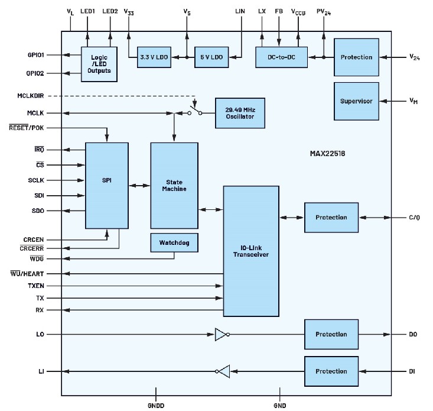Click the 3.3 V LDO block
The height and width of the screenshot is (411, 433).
pos(153,57)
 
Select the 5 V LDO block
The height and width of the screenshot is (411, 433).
pos(211,57)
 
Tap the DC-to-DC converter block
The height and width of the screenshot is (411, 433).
pos(281,57)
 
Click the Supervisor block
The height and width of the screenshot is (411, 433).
pos(356,101)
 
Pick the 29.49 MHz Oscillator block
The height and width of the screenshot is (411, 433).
pos(240,112)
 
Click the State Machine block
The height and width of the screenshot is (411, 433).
pos(174,185)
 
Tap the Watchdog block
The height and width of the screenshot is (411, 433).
pos(174,242)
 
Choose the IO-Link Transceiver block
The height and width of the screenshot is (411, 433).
pos(251,251)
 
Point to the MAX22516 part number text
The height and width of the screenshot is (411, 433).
pos(327,153)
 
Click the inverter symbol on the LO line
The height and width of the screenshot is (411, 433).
pos(221,335)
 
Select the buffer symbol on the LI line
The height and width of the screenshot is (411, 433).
pos(222,371)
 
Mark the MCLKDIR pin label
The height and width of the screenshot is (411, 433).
pos(31,95)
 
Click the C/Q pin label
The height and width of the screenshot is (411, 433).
pos(414,217)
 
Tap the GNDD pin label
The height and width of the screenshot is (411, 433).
pos(156,406)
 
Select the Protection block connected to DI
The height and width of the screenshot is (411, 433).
pos(331,371)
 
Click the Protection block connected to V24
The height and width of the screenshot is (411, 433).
pos(356,57)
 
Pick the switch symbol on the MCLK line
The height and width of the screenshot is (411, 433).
pos(194,110)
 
